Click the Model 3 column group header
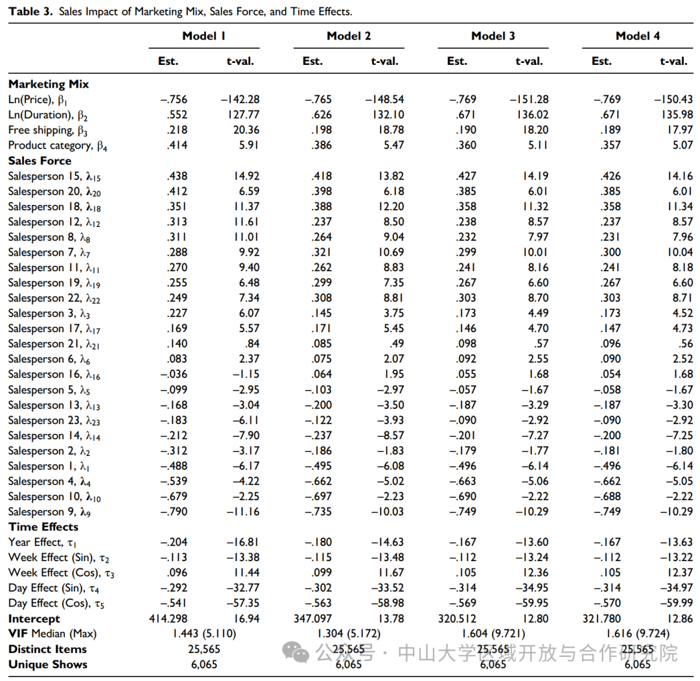[493, 36]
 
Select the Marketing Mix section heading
[48, 84]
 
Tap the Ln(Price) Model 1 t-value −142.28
[240, 99]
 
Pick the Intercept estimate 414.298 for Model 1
[169, 619]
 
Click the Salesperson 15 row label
[54, 176]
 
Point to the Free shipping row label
[48, 130]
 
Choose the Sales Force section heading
[40, 160]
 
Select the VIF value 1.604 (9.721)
[493, 634]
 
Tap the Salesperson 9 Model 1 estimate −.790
[174, 512]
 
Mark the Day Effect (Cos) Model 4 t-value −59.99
[676, 603]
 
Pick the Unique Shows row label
[48, 665]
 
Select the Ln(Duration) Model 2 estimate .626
[321, 115]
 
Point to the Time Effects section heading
[43, 527]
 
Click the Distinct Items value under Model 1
[204, 649]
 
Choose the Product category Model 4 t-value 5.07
[682, 145]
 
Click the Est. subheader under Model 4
[601, 61]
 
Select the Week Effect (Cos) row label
[61, 573]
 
